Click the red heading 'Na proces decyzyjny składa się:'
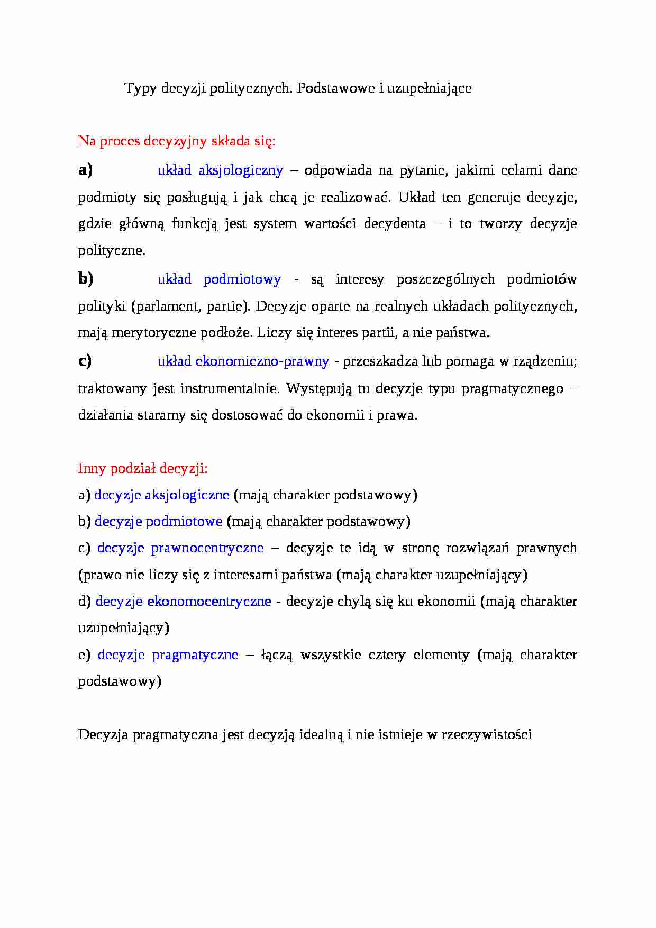point(177,141)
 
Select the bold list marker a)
point(85,170)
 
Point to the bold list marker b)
point(85,278)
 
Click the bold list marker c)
point(85,361)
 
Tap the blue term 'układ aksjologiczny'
point(220,170)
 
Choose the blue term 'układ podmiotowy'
point(219,279)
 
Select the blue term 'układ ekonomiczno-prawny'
point(243,361)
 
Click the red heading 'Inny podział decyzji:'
point(143,469)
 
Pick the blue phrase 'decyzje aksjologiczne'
point(161,495)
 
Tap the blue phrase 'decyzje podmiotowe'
point(158,522)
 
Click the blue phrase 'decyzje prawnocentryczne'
point(180,548)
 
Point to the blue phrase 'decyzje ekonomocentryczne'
point(183,602)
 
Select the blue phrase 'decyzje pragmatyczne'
point(168,655)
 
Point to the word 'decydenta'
point(395,224)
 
